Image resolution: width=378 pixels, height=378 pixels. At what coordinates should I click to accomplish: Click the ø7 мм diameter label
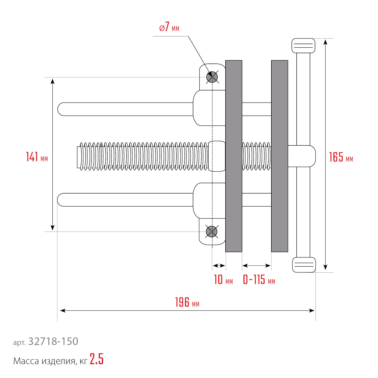pyautogui.click(x=169, y=27)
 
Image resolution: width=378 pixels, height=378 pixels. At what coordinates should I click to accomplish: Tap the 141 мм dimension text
pyautogui.click(x=37, y=157)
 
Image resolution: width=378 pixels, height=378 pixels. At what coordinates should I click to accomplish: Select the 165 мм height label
pyautogui.click(x=341, y=157)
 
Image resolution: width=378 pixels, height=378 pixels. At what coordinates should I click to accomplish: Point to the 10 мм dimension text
pyautogui.click(x=223, y=280)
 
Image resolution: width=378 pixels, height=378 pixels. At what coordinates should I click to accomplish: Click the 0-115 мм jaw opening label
pyautogui.click(x=259, y=280)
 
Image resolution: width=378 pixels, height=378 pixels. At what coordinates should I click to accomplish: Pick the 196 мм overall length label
pyautogui.click(x=187, y=302)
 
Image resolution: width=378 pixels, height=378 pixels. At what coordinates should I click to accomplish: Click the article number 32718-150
pyautogui.click(x=53, y=341)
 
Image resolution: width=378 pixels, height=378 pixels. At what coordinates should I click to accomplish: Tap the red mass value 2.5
pyautogui.click(x=97, y=359)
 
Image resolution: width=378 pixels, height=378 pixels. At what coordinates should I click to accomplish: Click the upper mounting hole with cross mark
pyautogui.click(x=212, y=77)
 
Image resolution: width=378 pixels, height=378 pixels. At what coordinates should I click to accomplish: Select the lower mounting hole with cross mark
pyautogui.click(x=212, y=232)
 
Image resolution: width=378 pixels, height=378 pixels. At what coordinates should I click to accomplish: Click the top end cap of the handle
pyautogui.click(x=303, y=46)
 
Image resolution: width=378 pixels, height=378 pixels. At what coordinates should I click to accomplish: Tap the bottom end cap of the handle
pyautogui.click(x=304, y=265)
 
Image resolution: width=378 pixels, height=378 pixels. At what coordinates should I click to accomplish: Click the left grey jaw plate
pyautogui.click(x=234, y=156)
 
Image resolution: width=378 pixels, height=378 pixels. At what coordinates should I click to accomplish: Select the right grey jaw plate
pyautogui.click(x=279, y=156)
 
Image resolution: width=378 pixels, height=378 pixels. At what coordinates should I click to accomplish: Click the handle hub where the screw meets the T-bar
pyautogui.click(x=302, y=156)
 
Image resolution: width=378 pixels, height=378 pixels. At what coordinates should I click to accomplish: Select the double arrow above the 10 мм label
pyautogui.click(x=219, y=266)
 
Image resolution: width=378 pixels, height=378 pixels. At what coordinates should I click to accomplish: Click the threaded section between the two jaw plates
pyautogui.click(x=257, y=156)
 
